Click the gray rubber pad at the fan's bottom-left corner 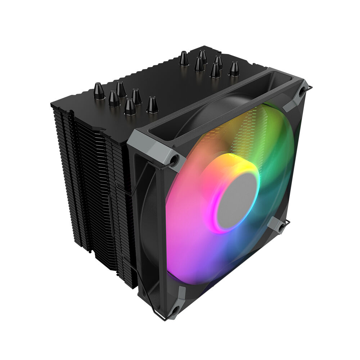coord(177,302)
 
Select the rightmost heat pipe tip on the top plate coord(234,68)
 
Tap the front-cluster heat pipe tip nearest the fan coord(152,104)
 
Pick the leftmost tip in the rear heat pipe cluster coord(184,58)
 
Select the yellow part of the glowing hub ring coord(230,160)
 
